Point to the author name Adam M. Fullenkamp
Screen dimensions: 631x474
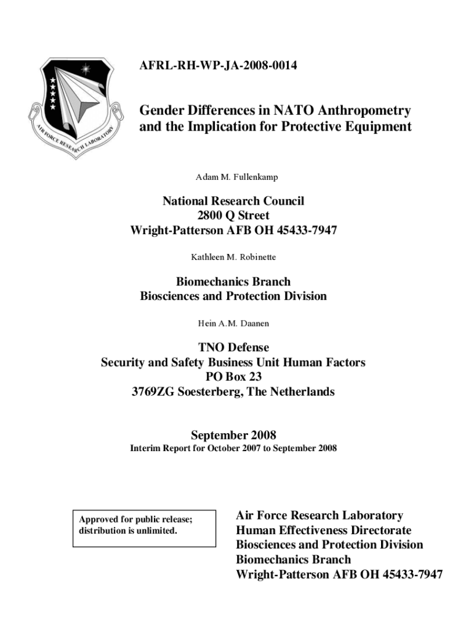point(236,177)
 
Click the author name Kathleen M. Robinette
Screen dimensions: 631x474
point(233,256)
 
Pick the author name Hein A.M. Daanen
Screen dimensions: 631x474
point(233,322)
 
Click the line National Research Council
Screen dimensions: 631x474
point(233,201)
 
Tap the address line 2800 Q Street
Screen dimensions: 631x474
point(233,216)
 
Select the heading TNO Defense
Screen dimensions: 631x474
point(233,348)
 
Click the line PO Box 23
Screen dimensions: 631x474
point(233,377)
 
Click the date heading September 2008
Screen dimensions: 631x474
point(233,435)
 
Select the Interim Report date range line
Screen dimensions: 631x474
point(233,448)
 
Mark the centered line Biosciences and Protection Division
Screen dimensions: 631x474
point(233,296)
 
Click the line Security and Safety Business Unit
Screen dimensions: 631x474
point(233,362)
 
